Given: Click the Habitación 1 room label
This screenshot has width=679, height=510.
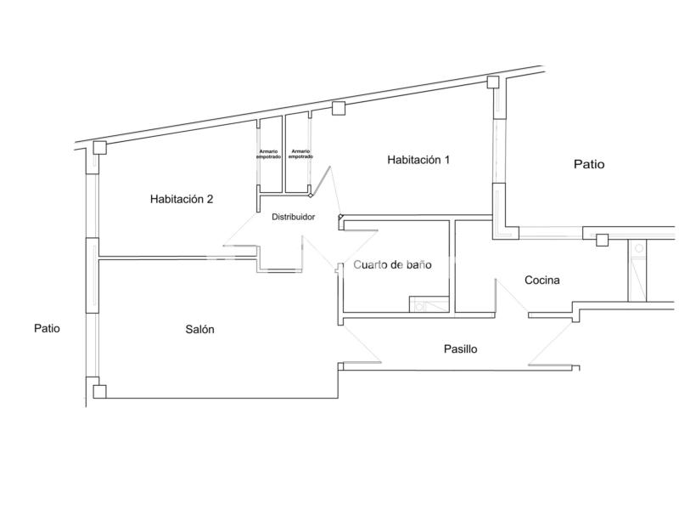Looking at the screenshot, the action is (x=418, y=160).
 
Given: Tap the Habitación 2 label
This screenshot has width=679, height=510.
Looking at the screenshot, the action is (x=182, y=199).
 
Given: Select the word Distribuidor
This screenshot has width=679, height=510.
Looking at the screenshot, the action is (x=293, y=217).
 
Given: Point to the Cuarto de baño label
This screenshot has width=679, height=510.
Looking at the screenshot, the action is (x=392, y=264).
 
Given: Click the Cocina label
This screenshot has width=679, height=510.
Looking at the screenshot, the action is (x=542, y=280).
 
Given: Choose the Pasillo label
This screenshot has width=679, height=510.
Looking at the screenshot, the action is (x=460, y=348).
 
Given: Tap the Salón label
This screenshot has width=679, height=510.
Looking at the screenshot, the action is (x=199, y=329).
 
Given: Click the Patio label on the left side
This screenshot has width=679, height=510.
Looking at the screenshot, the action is (x=47, y=328).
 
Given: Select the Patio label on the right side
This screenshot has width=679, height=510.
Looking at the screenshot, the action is (x=589, y=164).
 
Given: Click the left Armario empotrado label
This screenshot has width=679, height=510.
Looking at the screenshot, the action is (x=268, y=154).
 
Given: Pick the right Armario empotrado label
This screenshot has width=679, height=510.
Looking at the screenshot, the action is (x=300, y=154).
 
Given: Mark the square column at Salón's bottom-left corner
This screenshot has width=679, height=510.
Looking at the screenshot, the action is (x=99, y=392).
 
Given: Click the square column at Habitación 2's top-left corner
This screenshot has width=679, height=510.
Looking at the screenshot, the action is (x=100, y=147).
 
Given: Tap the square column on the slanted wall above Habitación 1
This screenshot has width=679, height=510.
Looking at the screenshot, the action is (x=339, y=108).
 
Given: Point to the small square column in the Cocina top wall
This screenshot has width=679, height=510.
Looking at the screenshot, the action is (x=602, y=240).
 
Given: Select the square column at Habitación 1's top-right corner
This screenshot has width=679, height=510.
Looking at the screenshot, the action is (x=493, y=82).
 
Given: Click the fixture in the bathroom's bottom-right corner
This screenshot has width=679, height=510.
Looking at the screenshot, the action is (x=429, y=304).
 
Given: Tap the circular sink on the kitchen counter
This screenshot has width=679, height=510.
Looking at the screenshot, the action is (x=639, y=248).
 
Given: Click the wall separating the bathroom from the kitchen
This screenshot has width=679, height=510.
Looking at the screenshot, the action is (x=452, y=266).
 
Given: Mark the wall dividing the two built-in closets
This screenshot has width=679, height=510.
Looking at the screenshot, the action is (x=284, y=154).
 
